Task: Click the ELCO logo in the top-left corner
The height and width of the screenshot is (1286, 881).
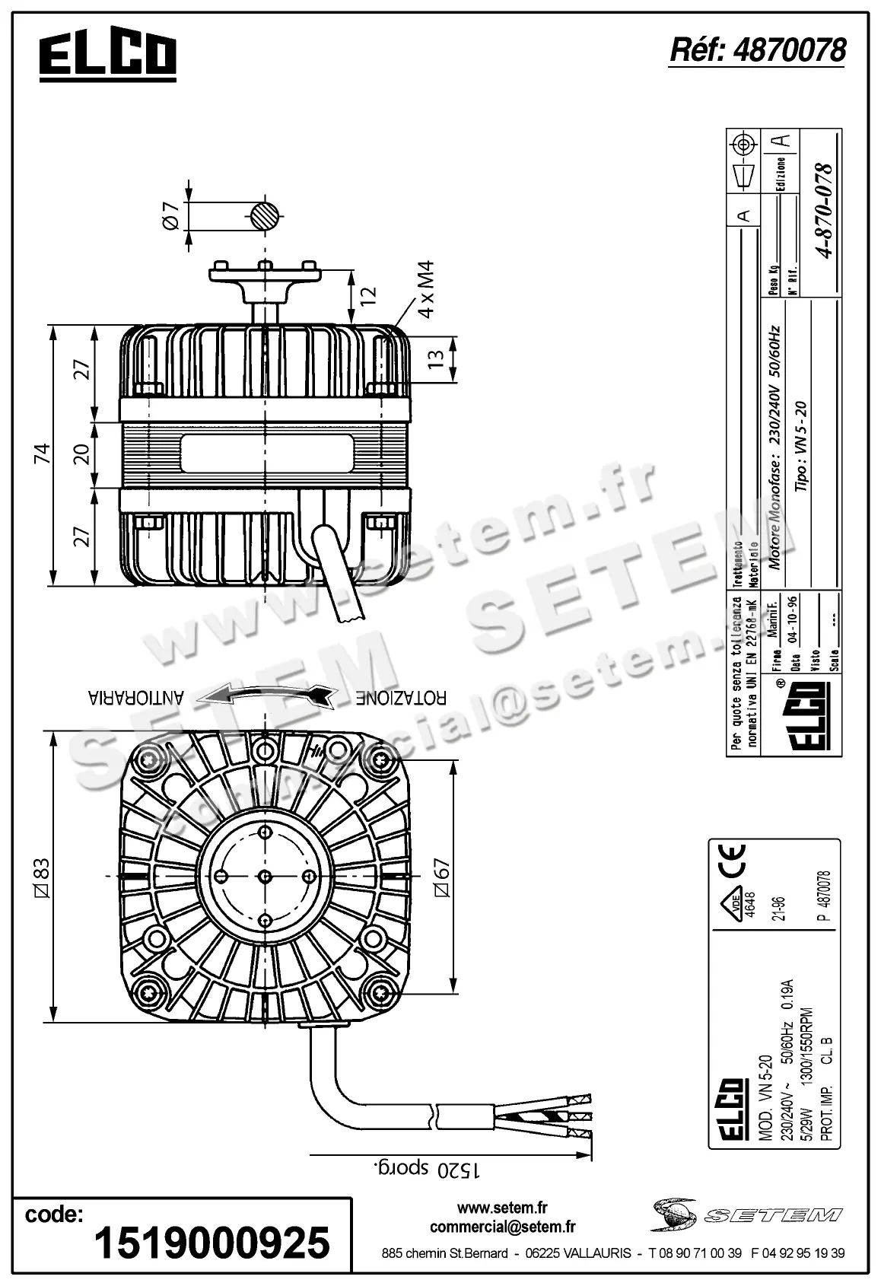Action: tap(107, 56)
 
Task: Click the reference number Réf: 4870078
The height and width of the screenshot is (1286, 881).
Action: tap(757, 50)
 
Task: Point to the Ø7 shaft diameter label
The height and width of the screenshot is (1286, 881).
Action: tap(171, 217)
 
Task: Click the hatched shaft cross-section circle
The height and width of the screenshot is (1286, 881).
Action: tap(265, 217)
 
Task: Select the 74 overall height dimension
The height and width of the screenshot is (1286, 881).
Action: tap(44, 455)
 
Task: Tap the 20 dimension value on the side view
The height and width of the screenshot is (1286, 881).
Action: tap(83, 454)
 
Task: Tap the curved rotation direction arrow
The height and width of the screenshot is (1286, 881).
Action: tap(271, 694)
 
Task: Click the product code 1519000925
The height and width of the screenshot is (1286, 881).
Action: tap(212, 1243)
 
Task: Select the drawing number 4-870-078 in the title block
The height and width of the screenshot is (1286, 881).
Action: tap(822, 212)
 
